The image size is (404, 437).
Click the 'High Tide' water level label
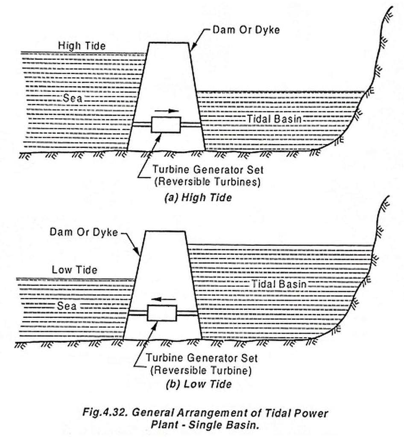82,46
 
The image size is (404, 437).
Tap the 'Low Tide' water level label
74,270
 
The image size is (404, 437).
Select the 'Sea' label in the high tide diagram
73,98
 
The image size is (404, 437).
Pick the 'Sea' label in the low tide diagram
67,306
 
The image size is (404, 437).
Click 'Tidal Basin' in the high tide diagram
274,119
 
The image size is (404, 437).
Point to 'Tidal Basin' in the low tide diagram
279,284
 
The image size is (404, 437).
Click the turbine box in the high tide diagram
166,125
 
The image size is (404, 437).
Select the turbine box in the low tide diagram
162,313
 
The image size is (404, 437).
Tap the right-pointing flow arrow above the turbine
167,111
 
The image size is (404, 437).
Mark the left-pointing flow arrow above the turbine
164,299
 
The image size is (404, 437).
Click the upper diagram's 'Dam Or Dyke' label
246,30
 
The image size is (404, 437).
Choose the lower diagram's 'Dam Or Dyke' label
84,232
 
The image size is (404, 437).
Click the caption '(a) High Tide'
198,198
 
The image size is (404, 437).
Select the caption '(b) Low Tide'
199,384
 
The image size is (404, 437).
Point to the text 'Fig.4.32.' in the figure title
105,413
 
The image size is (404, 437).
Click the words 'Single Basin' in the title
222,425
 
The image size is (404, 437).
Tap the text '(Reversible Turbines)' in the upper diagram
208,182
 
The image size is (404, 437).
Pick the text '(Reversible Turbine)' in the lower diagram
201,370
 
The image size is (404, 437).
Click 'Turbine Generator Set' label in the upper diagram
208,169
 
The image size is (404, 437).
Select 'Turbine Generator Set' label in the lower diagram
202,358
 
